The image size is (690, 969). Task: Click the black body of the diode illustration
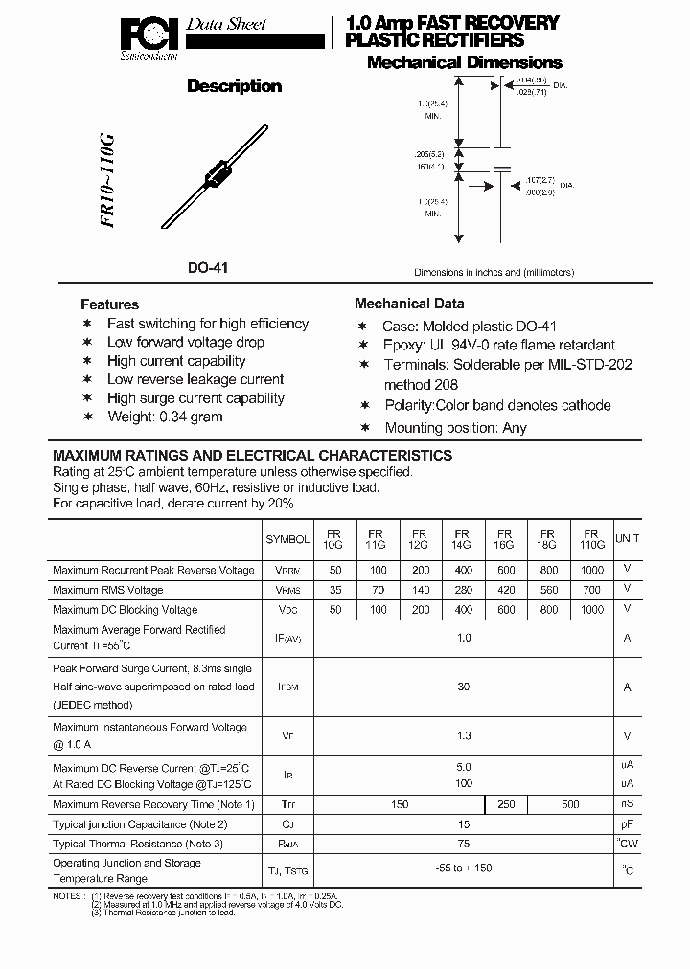(x=220, y=176)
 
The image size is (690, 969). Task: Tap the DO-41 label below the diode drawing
(x=208, y=269)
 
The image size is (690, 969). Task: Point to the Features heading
(x=109, y=304)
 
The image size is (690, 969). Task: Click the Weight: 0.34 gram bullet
(x=164, y=417)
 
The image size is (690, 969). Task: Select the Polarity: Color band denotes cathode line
(x=496, y=405)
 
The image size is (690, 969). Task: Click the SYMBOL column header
(x=287, y=539)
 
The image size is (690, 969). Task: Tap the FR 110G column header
(x=591, y=539)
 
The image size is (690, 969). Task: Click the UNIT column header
(x=627, y=539)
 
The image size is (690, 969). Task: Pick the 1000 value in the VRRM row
(x=591, y=570)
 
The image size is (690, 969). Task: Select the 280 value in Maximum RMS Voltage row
(x=462, y=590)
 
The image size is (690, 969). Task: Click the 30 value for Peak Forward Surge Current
(x=463, y=687)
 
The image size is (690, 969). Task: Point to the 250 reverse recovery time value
(x=505, y=805)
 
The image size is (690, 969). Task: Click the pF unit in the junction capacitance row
(x=627, y=824)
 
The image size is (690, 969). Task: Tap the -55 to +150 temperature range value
(x=463, y=869)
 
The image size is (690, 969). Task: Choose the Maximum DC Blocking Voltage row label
(x=125, y=609)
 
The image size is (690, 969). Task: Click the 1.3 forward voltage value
(x=463, y=735)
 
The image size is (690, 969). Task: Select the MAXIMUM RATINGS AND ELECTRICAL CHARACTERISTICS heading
(x=252, y=456)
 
